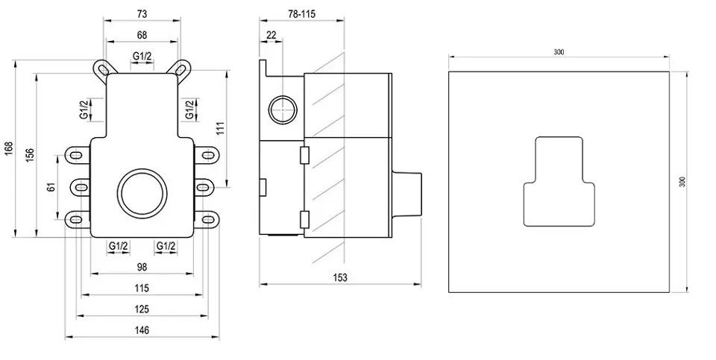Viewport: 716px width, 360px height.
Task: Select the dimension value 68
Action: pyautogui.click(x=142, y=34)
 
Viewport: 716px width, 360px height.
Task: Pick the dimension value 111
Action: pyautogui.click(x=220, y=127)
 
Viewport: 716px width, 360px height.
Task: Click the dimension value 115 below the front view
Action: pyautogui.click(x=142, y=288)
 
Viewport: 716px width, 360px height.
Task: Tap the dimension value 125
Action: pyautogui.click(x=142, y=309)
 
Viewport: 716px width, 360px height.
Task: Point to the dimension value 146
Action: pyautogui.click(x=142, y=330)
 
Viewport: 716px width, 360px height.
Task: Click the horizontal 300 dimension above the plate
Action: pyautogui.click(x=559, y=51)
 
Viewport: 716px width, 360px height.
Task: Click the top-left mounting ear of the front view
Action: pyautogui.click(x=101, y=69)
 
